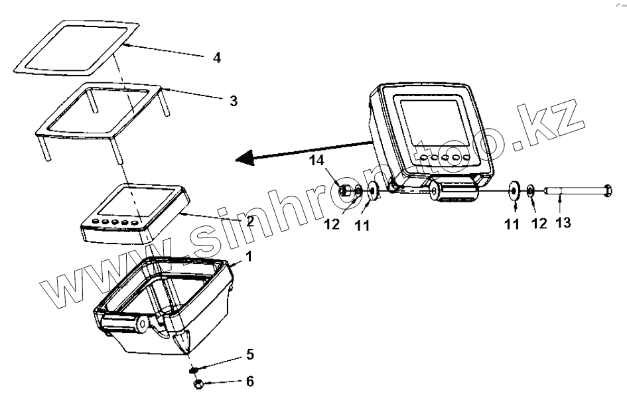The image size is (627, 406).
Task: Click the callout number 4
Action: (216, 58)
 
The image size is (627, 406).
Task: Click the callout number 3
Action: (233, 101)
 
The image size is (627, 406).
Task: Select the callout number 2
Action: (250, 221)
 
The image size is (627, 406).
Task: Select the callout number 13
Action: (563, 224)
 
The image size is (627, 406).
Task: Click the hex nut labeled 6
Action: (196, 384)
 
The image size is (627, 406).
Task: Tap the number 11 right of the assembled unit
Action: (512, 224)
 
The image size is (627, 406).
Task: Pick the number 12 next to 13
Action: (539, 224)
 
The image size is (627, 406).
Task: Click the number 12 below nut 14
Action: (332, 224)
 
